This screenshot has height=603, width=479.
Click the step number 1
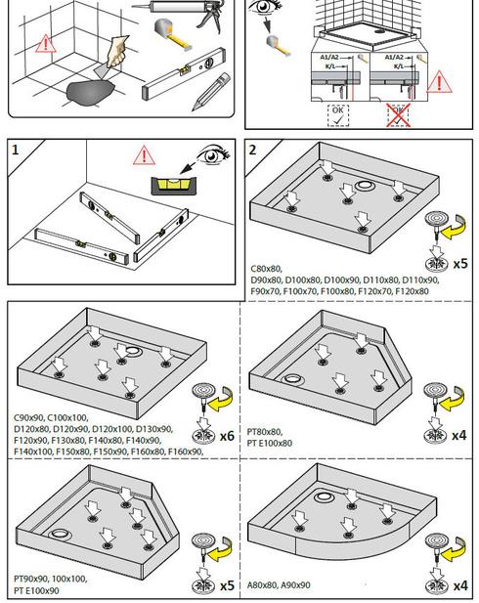(15, 150)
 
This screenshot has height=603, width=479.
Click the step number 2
(252, 150)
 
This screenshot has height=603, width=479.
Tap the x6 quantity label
(227, 436)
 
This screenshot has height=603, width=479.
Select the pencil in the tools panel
(211, 92)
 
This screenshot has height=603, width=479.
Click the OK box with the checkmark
(338, 115)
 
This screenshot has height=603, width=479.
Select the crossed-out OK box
(398, 115)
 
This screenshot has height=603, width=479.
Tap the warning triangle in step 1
(144, 155)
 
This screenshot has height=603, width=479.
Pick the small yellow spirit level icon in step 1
(174, 186)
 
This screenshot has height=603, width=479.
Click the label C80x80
(266, 269)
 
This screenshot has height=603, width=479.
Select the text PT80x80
(264, 432)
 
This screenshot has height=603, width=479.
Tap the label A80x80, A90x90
(279, 585)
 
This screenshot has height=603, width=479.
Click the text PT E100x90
(36, 590)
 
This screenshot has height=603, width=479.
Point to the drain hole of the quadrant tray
(322, 497)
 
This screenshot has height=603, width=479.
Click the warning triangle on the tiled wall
(46, 43)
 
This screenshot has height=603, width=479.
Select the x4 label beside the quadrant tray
(460, 586)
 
